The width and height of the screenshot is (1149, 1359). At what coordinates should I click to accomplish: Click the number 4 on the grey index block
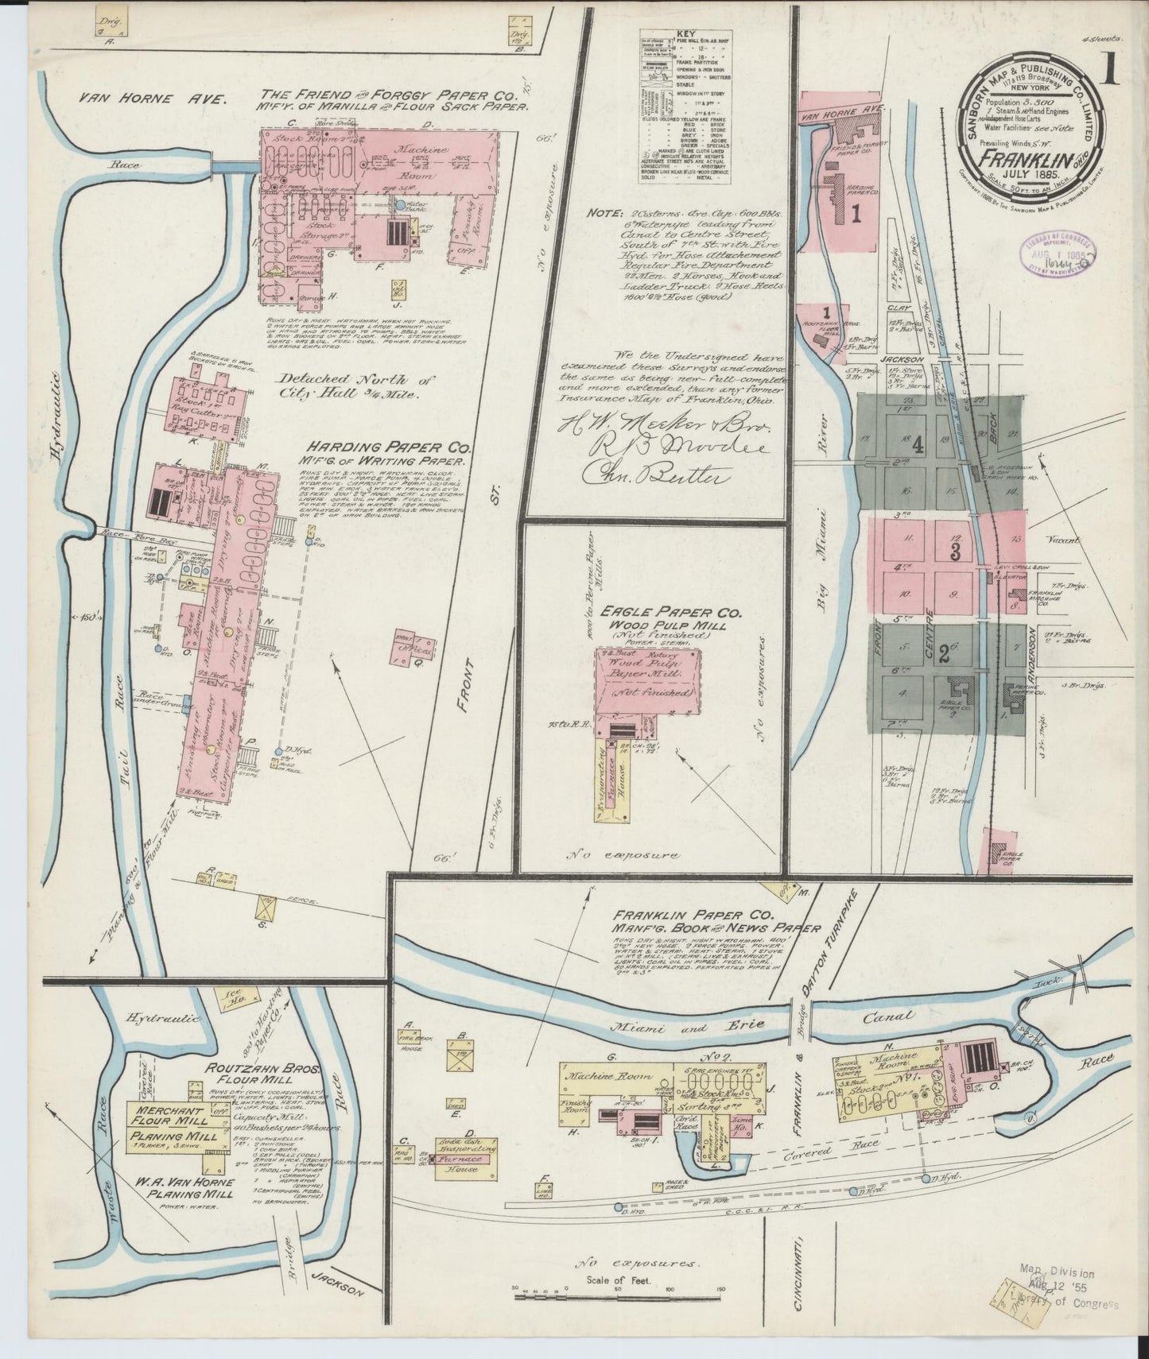(918, 445)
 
